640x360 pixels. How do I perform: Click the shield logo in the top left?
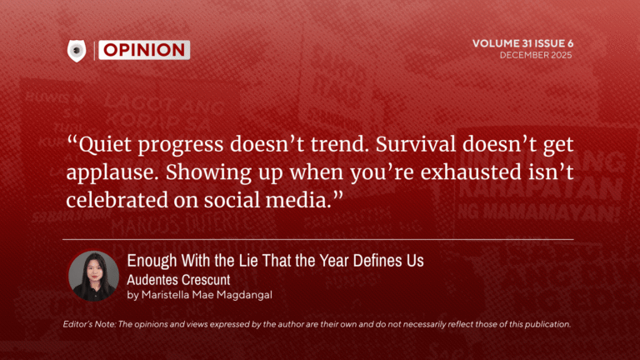click(x=77, y=50)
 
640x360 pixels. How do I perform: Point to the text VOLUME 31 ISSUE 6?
click(x=522, y=43)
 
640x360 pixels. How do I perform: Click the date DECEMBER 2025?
click(x=536, y=55)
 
